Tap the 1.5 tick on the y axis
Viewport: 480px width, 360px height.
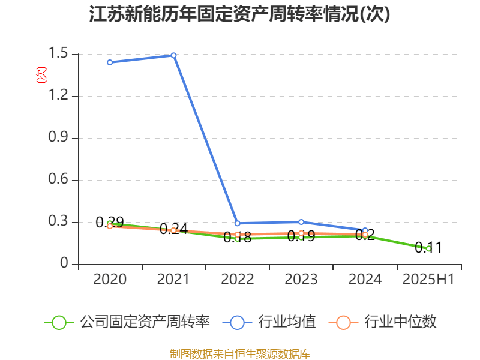(x=59, y=54)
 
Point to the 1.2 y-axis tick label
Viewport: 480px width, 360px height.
(x=59, y=96)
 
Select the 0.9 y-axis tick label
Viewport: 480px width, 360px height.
(x=59, y=138)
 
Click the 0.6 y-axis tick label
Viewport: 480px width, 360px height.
(x=59, y=180)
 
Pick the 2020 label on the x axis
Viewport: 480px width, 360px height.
(x=110, y=279)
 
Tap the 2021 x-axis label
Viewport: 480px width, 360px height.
(x=173, y=279)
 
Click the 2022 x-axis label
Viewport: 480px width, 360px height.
(x=237, y=279)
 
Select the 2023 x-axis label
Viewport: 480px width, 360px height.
(x=301, y=279)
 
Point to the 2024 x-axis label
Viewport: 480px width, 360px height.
(x=365, y=279)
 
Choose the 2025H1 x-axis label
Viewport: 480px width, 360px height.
(x=428, y=279)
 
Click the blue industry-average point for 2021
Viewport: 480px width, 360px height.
(x=173, y=55)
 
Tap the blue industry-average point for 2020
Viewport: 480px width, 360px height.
(x=110, y=62)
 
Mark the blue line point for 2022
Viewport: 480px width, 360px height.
(x=238, y=223)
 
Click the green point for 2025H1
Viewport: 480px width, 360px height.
(x=428, y=248)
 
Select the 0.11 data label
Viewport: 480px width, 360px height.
(x=428, y=247)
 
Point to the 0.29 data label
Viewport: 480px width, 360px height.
(x=110, y=222)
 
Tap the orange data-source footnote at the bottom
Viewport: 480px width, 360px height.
(x=240, y=353)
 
